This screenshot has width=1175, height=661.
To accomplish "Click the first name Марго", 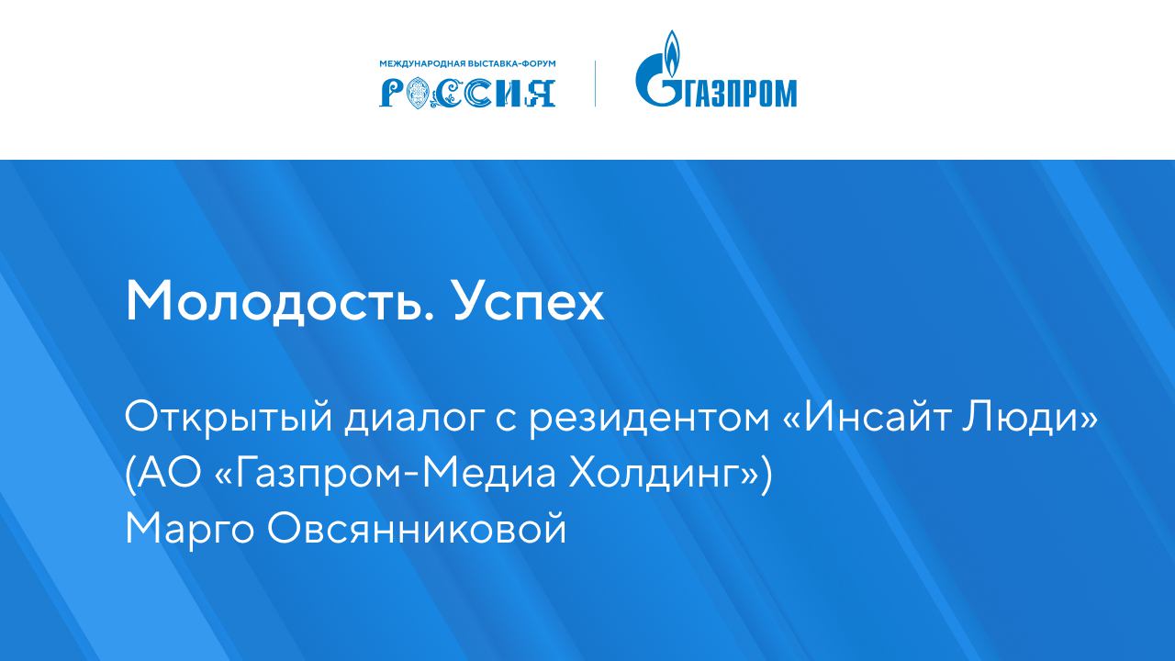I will click(190, 529).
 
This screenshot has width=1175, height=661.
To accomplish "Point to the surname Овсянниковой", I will click(417, 529).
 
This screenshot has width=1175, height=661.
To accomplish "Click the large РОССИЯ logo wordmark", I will click(467, 91).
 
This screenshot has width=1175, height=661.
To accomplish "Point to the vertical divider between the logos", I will click(595, 84).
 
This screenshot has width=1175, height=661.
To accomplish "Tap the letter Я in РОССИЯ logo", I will click(541, 91).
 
